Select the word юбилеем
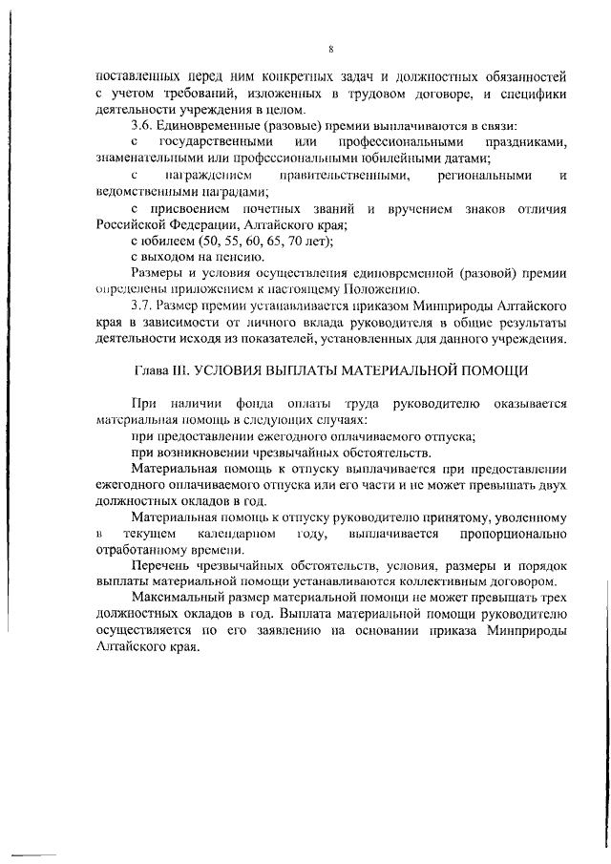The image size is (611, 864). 165,241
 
